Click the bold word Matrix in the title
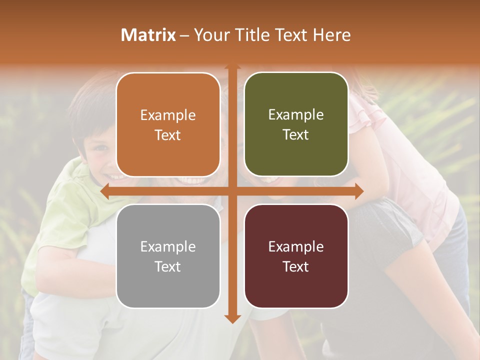click(148, 35)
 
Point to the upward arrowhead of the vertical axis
click(232, 67)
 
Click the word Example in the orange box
click(168, 115)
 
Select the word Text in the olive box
click(296, 135)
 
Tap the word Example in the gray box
click(168, 247)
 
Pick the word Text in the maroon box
click(296, 266)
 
